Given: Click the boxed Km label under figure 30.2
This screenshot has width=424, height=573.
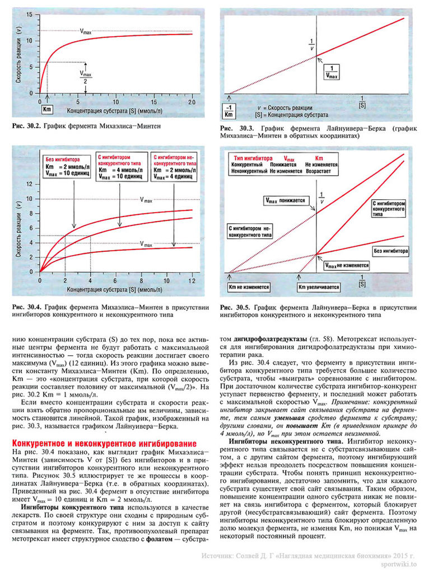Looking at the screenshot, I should pyautogui.click(x=46, y=111).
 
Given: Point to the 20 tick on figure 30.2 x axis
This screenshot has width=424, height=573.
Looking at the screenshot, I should pyautogui.click(x=192, y=102).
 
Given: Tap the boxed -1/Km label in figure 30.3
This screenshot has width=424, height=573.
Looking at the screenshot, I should pyautogui.click(x=229, y=109).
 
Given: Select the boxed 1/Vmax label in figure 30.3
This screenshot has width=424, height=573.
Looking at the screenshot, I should pyautogui.click(x=332, y=72).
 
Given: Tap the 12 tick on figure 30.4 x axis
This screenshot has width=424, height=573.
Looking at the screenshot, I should pyautogui.click(x=191, y=280).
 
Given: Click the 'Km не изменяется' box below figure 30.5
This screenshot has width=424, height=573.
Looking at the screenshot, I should pyautogui.click(x=249, y=287).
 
